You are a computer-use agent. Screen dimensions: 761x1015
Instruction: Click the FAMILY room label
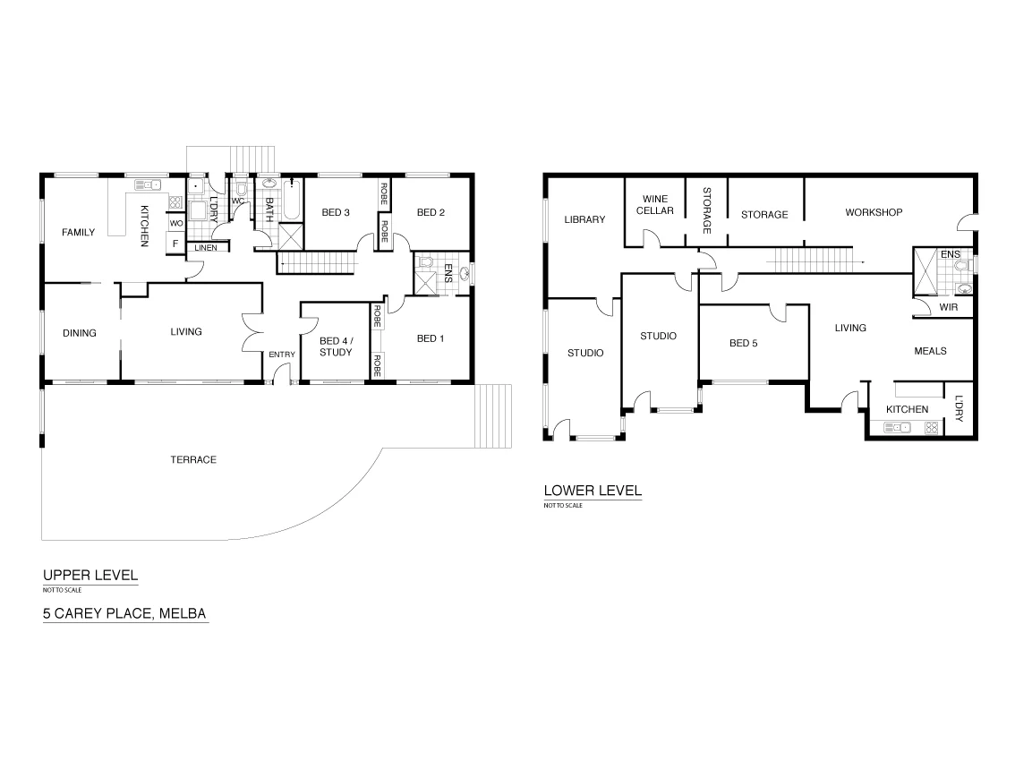[x=78, y=233]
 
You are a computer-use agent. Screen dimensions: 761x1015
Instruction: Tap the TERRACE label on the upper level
[x=193, y=459]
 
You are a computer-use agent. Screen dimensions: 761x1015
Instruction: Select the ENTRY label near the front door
[x=282, y=355]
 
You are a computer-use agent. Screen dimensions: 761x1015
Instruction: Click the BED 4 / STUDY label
[x=335, y=346]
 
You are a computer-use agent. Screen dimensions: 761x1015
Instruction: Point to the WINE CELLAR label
[x=654, y=205]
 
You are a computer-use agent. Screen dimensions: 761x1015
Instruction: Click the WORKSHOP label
[x=874, y=212]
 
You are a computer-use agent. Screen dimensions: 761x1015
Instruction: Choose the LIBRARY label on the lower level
[x=584, y=219]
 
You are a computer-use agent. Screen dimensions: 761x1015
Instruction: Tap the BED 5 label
[x=744, y=343]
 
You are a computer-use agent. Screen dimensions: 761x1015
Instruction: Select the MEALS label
[x=930, y=351]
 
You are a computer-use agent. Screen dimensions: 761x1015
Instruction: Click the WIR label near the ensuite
[x=948, y=308]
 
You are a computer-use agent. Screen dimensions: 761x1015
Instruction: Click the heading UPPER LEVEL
[x=90, y=576]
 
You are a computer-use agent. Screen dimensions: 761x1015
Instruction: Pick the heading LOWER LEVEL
[x=593, y=491]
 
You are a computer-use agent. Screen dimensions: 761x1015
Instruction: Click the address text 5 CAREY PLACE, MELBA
[x=125, y=614]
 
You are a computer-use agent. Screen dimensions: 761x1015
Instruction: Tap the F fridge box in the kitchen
[x=175, y=243]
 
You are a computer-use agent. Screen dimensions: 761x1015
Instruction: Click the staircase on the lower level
[x=810, y=261]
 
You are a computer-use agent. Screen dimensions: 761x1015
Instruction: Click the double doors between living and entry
[x=252, y=335]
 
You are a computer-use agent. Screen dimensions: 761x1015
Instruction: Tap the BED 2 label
[x=431, y=212]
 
